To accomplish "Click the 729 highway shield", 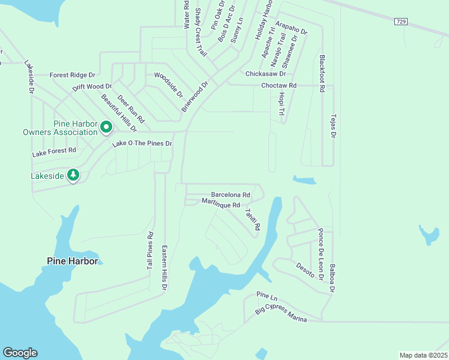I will coord(401,22).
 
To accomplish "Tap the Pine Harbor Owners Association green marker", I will coord(106,127).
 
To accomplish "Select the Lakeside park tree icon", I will coord(73,175).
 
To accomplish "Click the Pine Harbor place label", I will coord(72,261).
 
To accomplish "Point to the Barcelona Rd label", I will coord(230,195).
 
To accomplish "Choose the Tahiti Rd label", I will coord(252,219).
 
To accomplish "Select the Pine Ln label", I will coord(267,296).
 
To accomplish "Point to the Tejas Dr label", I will coord(332,125).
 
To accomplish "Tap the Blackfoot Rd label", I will coord(322,73).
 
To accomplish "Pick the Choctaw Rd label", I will coord(279,86).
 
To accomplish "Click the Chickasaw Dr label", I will coord(266,74).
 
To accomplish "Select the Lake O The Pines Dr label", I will coord(142,144).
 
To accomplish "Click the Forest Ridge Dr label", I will coord(73,75).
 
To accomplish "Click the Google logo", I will coord(20,353).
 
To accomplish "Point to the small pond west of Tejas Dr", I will coord(305,180).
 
